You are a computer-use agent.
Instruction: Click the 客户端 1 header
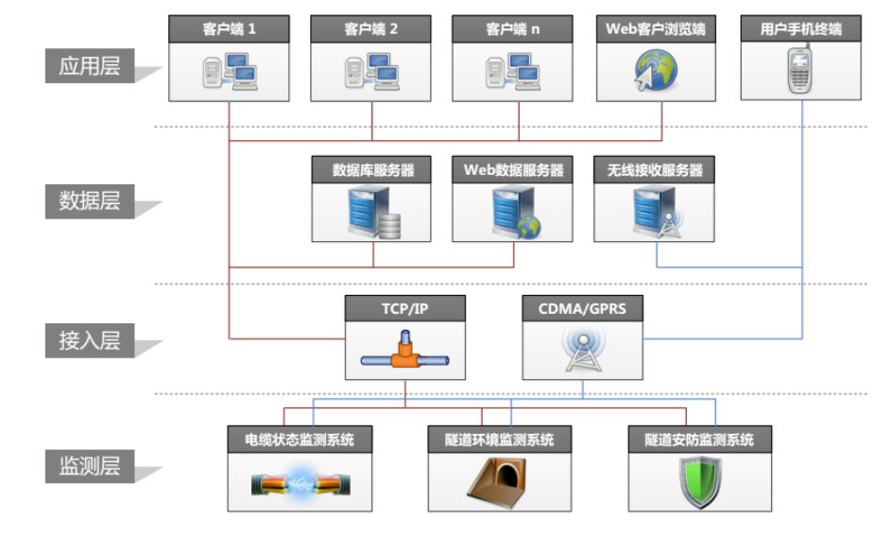point(229,29)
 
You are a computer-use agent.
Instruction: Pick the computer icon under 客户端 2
point(371,72)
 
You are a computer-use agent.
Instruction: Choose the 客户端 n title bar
point(513,29)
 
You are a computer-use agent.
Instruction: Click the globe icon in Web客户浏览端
point(655,72)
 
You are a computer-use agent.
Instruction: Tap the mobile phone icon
point(801,71)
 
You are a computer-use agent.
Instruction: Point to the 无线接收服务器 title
point(655,171)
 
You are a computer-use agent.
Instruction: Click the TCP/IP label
point(404,308)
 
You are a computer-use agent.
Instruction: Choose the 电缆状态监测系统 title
point(300,440)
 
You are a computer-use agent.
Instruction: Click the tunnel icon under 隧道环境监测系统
point(499,480)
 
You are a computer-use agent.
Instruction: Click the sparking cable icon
point(299,483)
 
